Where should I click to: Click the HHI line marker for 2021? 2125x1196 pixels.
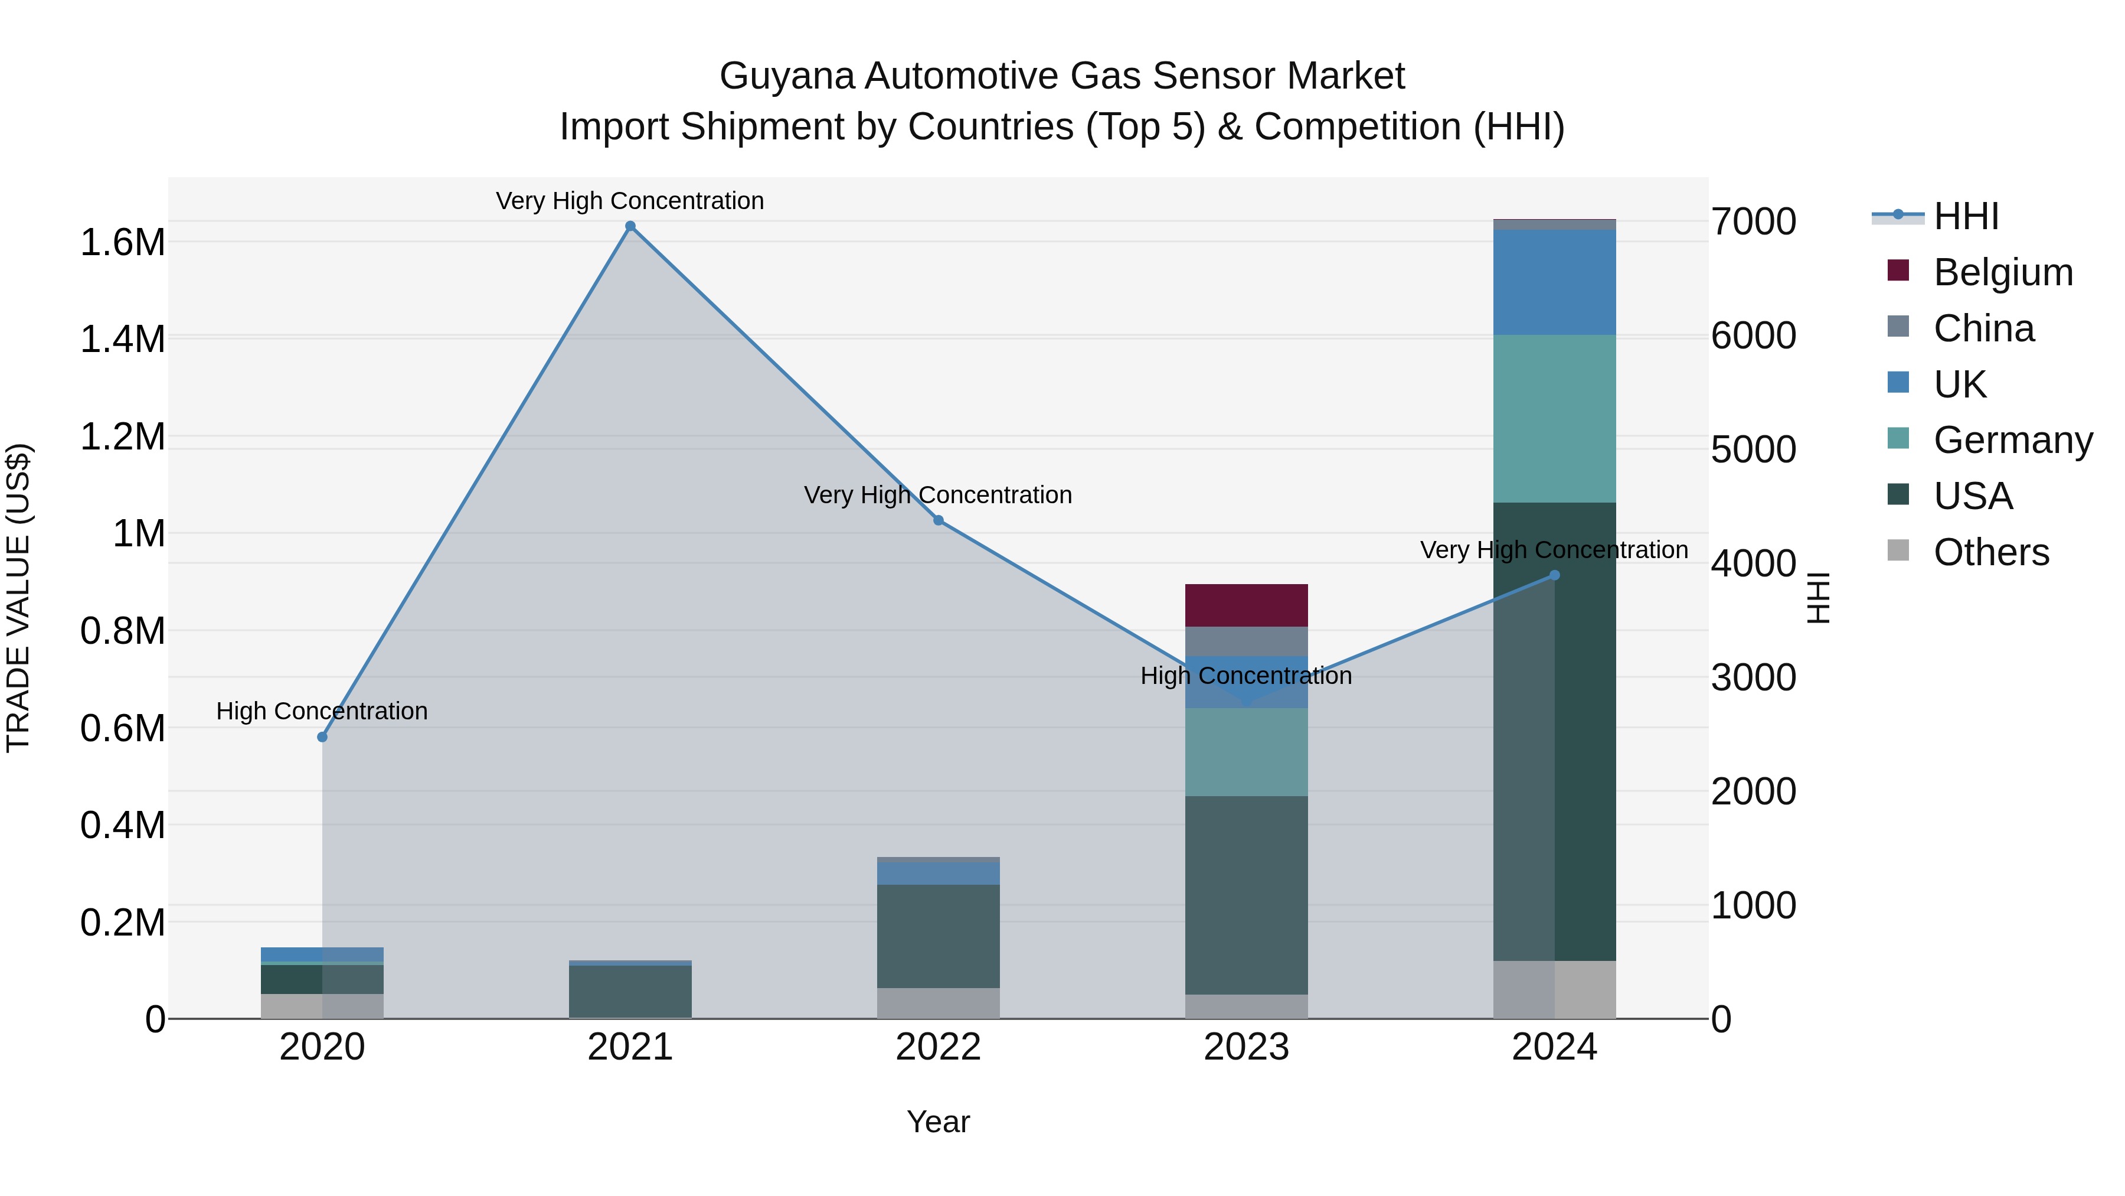point(630,226)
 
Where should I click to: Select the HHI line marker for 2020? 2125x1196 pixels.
point(322,737)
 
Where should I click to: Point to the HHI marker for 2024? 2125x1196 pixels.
point(1554,575)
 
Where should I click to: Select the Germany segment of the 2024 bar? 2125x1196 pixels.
point(1554,419)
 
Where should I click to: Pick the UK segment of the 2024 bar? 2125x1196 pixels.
point(1554,282)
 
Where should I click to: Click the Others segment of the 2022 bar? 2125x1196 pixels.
point(938,1003)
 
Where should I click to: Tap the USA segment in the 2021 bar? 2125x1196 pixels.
point(630,991)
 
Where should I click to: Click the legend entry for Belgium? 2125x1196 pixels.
point(2002,272)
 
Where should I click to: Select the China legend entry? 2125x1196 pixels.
point(1983,328)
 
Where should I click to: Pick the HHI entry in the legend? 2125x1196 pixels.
point(1965,216)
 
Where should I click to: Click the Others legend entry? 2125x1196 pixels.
point(1990,552)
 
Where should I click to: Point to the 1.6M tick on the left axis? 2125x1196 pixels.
point(122,243)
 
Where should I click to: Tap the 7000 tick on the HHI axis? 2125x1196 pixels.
point(1754,222)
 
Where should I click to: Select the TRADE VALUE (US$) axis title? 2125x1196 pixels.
point(18,598)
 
